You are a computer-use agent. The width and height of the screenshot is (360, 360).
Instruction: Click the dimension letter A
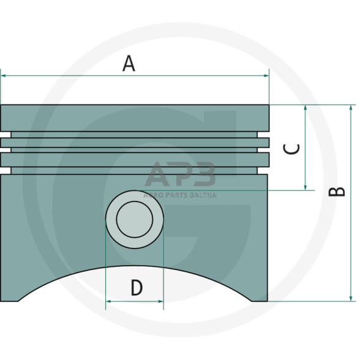129,63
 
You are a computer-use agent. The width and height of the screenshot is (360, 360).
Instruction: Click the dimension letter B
337,192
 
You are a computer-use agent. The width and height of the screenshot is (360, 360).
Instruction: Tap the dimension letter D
136,287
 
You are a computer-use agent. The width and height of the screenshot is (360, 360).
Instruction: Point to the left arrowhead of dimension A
4,76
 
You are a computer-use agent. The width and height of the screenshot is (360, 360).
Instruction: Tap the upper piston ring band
135,143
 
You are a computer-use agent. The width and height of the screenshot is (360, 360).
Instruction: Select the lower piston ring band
135,159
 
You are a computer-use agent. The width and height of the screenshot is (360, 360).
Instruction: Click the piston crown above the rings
135,117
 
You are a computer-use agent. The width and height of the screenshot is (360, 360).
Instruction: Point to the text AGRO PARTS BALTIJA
180,195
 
